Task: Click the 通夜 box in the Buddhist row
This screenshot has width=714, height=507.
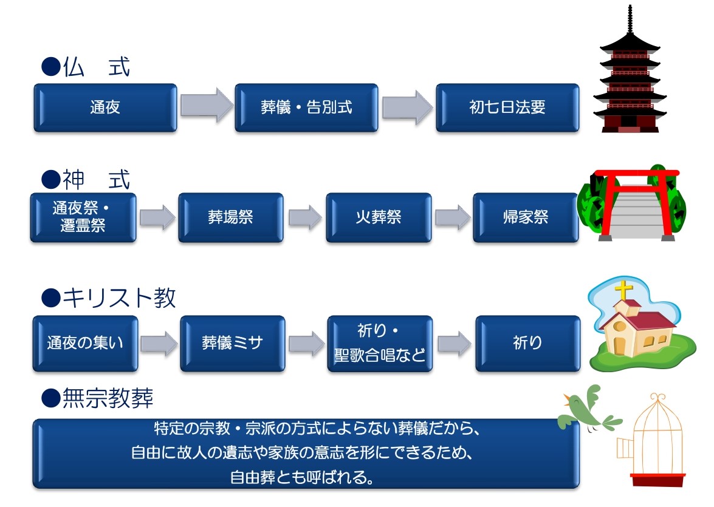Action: click(105, 108)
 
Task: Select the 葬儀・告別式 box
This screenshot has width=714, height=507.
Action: click(306, 108)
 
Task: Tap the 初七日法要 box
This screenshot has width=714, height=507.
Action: click(507, 108)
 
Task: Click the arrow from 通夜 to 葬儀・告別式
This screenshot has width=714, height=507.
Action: click(206, 106)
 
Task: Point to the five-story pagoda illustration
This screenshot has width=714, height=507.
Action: click(630, 73)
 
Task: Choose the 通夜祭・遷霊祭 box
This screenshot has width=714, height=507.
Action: click(83, 217)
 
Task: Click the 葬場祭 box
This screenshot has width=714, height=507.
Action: click(230, 217)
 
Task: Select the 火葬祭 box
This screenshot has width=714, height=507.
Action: click(379, 217)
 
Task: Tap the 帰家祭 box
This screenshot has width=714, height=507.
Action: click(526, 217)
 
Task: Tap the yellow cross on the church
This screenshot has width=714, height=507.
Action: click(624, 290)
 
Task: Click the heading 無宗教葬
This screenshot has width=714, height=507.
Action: click(108, 398)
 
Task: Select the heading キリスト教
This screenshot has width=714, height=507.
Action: click(119, 298)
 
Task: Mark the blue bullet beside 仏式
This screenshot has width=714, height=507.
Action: click(51, 67)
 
